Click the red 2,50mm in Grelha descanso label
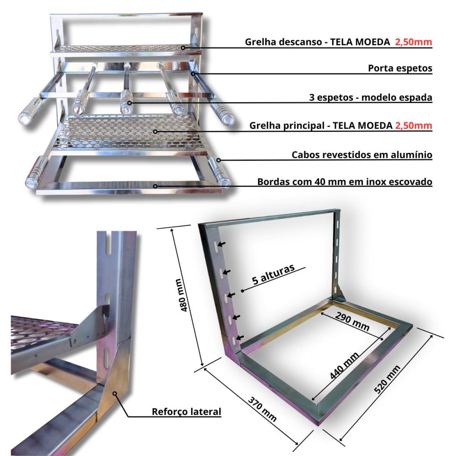click(x=413, y=42)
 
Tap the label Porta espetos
click(x=400, y=68)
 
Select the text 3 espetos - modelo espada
click(x=370, y=97)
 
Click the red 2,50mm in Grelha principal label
click(x=413, y=125)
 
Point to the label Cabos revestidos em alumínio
click(x=362, y=155)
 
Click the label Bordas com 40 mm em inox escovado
click(x=345, y=182)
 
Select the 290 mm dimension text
click(x=352, y=321)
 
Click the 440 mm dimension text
click(x=344, y=366)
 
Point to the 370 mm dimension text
click(x=262, y=409)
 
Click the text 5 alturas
click(x=273, y=274)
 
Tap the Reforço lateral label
click(x=187, y=411)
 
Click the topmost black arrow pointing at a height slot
click(x=221, y=244)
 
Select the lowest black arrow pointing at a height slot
click(x=239, y=337)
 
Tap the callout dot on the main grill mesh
click(x=155, y=132)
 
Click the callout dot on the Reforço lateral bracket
click(x=115, y=394)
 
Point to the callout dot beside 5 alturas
click(x=242, y=290)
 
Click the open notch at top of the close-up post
click(x=109, y=244)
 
